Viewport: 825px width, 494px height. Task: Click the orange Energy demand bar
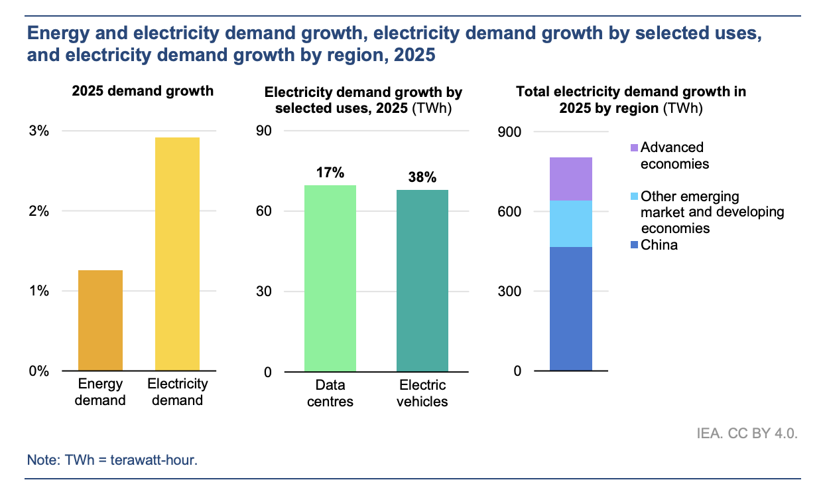100,320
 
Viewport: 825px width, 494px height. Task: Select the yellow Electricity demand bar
177,254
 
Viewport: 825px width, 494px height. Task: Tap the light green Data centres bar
330,278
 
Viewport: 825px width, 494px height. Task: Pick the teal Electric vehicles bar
422,281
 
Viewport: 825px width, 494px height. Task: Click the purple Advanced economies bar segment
571,179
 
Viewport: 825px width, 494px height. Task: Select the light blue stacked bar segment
571,224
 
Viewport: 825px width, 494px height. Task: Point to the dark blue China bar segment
571,309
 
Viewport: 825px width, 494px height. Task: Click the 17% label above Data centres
330,173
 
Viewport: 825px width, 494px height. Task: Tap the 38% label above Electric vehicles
422,177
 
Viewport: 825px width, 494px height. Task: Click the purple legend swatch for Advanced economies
634,148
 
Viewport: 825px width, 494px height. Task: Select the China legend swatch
634,245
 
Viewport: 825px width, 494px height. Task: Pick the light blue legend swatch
634,196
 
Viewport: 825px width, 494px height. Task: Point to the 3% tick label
38,131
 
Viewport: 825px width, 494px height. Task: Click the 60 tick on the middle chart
264,211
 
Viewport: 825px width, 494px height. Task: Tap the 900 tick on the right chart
509,132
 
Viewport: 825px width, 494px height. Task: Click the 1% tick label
38,291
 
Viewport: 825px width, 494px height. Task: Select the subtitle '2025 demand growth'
143,91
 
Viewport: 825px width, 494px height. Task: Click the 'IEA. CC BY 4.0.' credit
747,433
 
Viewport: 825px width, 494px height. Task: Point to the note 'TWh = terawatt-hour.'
131,460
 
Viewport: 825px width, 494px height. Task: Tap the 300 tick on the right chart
509,291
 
